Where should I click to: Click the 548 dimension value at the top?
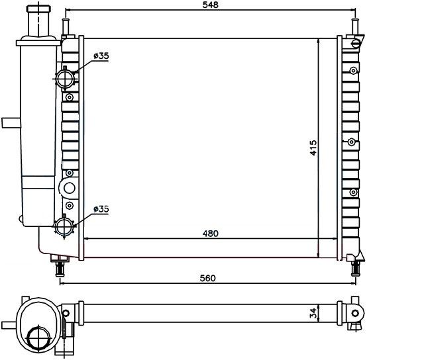click(x=211, y=5)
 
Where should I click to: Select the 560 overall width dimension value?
click(x=207, y=278)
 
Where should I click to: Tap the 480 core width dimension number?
click(x=211, y=234)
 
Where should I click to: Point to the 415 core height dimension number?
click(x=313, y=148)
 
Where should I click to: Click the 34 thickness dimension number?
click(x=313, y=313)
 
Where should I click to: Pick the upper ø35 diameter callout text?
click(x=101, y=56)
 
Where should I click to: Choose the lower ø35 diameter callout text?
click(x=101, y=208)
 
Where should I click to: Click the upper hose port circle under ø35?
click(x=65, y=79)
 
